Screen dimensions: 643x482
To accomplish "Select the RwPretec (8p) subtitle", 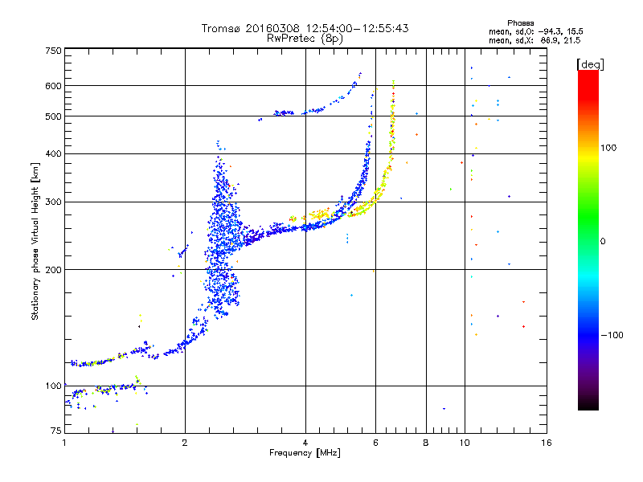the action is click(x=305, y=39).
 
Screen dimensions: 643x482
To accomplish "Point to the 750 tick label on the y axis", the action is click(x=53, y=51).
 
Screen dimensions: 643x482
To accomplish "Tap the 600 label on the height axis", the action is click(x=53, y=86).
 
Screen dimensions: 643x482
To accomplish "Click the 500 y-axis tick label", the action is click(x=53, y=116).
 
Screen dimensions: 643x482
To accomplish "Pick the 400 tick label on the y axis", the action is click(x=53, y=153).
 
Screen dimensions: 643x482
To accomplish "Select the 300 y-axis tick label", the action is click(x=53, y=202).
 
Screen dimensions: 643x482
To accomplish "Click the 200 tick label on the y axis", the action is click(x=53, y=270).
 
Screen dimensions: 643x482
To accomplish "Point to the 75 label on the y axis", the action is click(x=56, y=431).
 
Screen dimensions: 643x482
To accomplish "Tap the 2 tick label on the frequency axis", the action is click(x=185, y=443).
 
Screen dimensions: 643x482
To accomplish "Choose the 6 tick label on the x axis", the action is click(x=375, y=443).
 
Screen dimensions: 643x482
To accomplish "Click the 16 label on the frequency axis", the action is click(x=547, y=443).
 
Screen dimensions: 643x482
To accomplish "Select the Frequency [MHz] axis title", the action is click(x=305, y=453).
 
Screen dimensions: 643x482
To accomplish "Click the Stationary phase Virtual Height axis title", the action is click(x=35, y=242).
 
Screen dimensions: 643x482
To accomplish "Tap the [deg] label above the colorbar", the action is click(x=590, y=64).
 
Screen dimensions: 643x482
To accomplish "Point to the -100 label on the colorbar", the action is click(x=612, y=335).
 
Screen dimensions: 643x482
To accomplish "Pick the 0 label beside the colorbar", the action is click(x=603, y=242).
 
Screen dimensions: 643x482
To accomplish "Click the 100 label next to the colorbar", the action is click(x=608, y=148).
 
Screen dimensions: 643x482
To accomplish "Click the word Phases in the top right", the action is click(x=520, y=23).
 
